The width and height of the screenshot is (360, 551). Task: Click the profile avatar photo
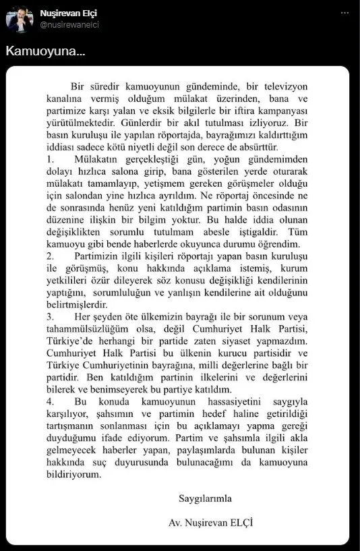20,20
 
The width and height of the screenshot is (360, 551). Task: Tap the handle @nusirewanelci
69,25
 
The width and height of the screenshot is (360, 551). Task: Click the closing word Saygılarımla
206,499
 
